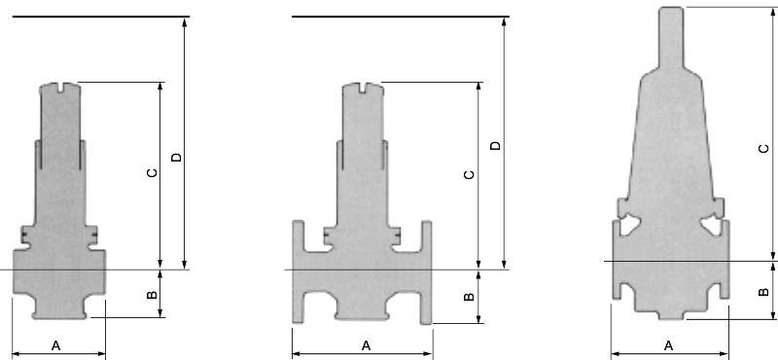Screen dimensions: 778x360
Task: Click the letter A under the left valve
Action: coord(56,345)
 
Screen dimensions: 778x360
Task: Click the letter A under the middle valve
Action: coord(367,345)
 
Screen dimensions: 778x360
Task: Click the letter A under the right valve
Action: coord(668,345)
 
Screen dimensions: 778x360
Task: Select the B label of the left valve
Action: coord(152,295)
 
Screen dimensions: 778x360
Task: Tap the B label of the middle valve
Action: coord(469,297)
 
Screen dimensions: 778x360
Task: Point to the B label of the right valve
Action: coord(764,292)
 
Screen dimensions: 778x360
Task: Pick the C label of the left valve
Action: coord(152,173)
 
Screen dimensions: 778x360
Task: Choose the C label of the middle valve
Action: coord(469,174)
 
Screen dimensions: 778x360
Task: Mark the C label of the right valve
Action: coord(764,148)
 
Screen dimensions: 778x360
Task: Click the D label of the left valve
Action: coord(176,158)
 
